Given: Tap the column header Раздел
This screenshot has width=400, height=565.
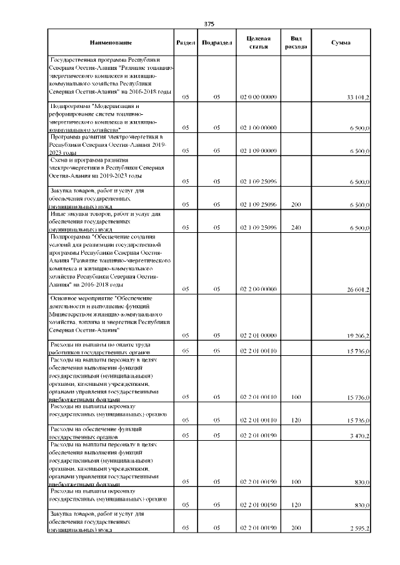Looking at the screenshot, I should point(186,42).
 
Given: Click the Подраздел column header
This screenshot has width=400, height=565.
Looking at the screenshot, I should point(217,42).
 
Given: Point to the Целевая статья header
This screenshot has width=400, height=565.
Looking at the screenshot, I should point(258,42).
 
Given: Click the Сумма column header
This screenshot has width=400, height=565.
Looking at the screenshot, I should point(341,42).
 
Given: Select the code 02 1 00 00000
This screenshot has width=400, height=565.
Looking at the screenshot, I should point(258,128).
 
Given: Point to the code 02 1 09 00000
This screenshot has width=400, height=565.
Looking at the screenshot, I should point(258,151).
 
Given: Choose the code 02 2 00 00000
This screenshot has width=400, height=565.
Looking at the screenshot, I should point(258,290).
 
